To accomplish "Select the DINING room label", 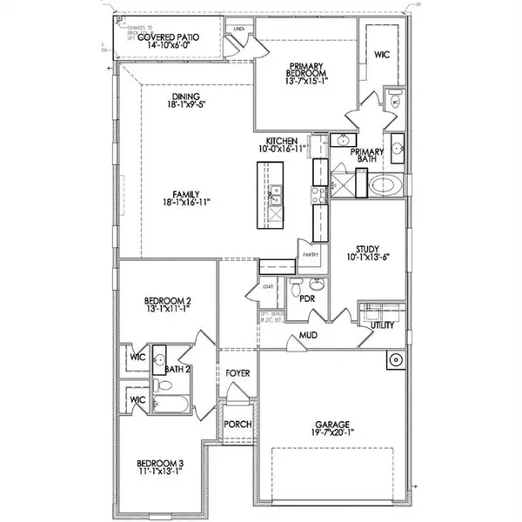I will pyautogui.click(x=186, y=97).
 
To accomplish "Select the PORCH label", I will pyautogui.click(x=238, y=425).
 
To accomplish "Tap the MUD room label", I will pyautogui.click(x=307, y=335).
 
